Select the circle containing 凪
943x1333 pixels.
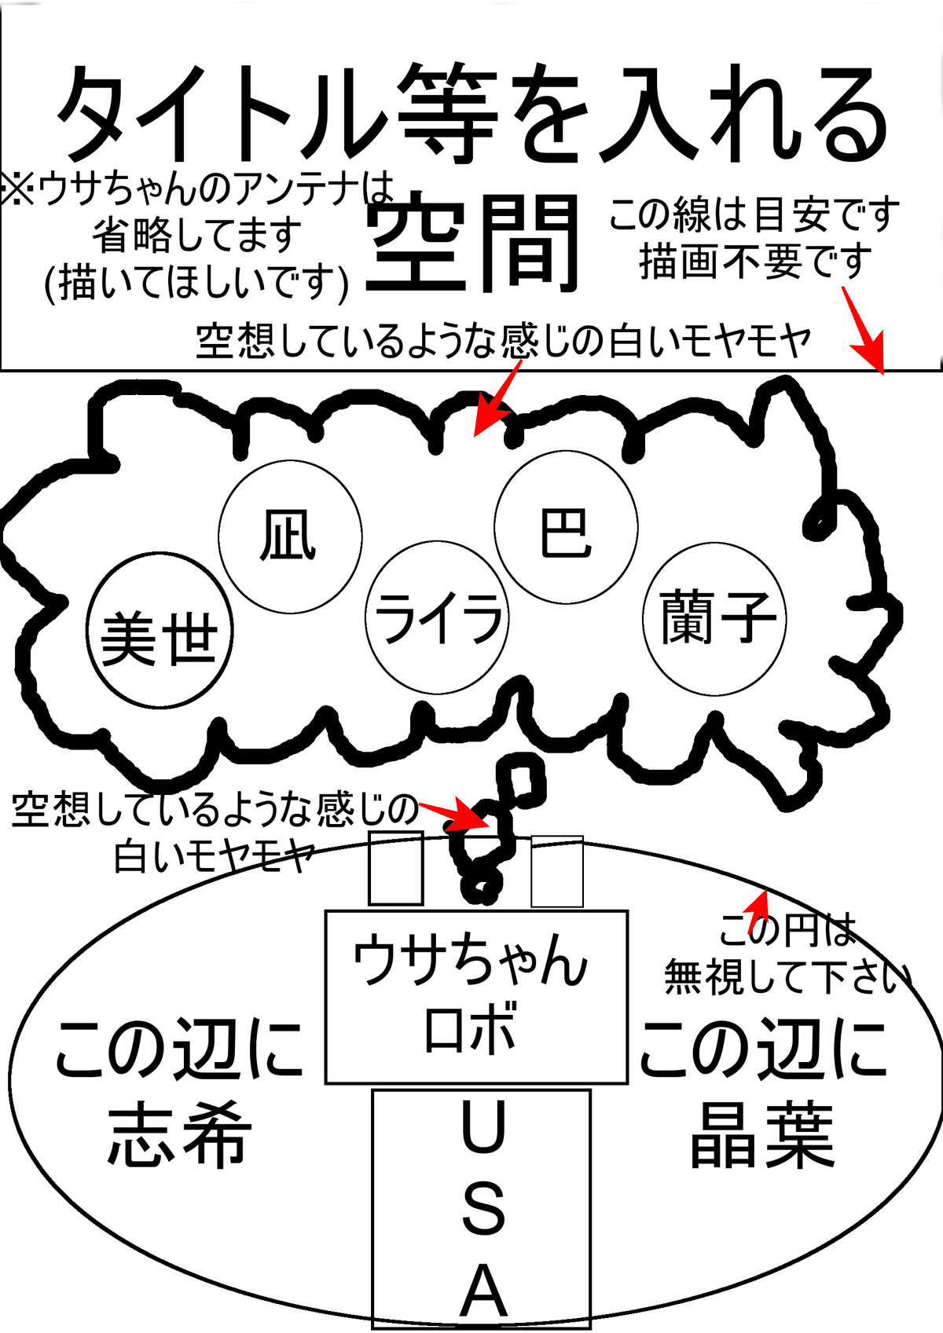click(x=290, y=536)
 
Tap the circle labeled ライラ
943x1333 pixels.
click(x=437, y=617)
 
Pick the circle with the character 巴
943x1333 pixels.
click(x=566, y=527)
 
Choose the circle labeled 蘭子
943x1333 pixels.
click(x=714, y=618)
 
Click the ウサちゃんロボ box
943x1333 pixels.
click(x=476, y=996)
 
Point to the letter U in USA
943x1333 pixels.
click(x=483, y=1128)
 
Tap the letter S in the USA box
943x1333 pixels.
click(x=483, y=1208)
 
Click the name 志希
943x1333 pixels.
click(x=179, y=1135)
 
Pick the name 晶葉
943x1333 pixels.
click(x=761, y=1135)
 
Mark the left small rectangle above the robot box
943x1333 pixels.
click(x=396, y=868)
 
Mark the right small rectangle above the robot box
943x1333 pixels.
click(x=557, y=871)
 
